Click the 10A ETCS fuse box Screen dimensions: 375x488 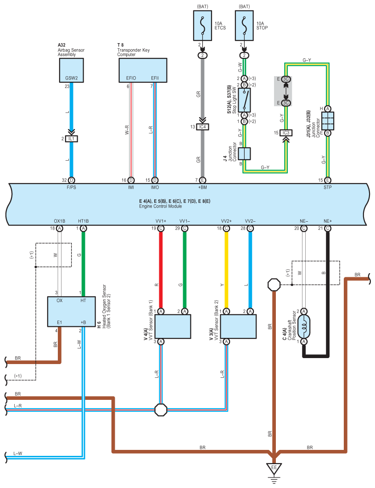click(x=202, y=26)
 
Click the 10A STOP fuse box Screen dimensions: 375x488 click(x=244, y=26)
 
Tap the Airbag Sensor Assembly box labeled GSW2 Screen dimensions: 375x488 click(x=71, y=70)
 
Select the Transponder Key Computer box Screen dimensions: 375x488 click(x=143, y=70)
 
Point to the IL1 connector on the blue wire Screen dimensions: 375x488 click(x=71, y=139)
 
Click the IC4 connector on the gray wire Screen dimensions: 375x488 click(x=202, y=127)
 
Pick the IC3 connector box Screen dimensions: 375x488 click(x=285, y=133)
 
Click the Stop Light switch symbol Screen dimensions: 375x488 click(x=244, y=100)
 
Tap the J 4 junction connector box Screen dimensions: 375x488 click(x=244, y=154)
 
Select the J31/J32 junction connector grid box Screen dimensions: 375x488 click(x=327, y=121)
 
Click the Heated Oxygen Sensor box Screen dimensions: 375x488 click(x=71, y=312)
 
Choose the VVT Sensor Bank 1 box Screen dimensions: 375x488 click(x=173, y=326)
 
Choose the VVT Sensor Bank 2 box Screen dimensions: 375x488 click(x=238, y=326)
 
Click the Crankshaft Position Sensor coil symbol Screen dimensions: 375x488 click(x=304, y=326)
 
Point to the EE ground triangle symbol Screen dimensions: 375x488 click(x=274, y=469)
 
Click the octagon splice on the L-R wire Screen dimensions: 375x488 click(x=161, y=410)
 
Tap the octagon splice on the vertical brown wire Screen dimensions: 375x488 click(x=274, y=285)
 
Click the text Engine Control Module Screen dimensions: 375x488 click(x=160, y=206)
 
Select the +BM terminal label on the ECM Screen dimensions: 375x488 click(x=202, y=187)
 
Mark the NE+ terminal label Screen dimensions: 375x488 click(x=328, y=221)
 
